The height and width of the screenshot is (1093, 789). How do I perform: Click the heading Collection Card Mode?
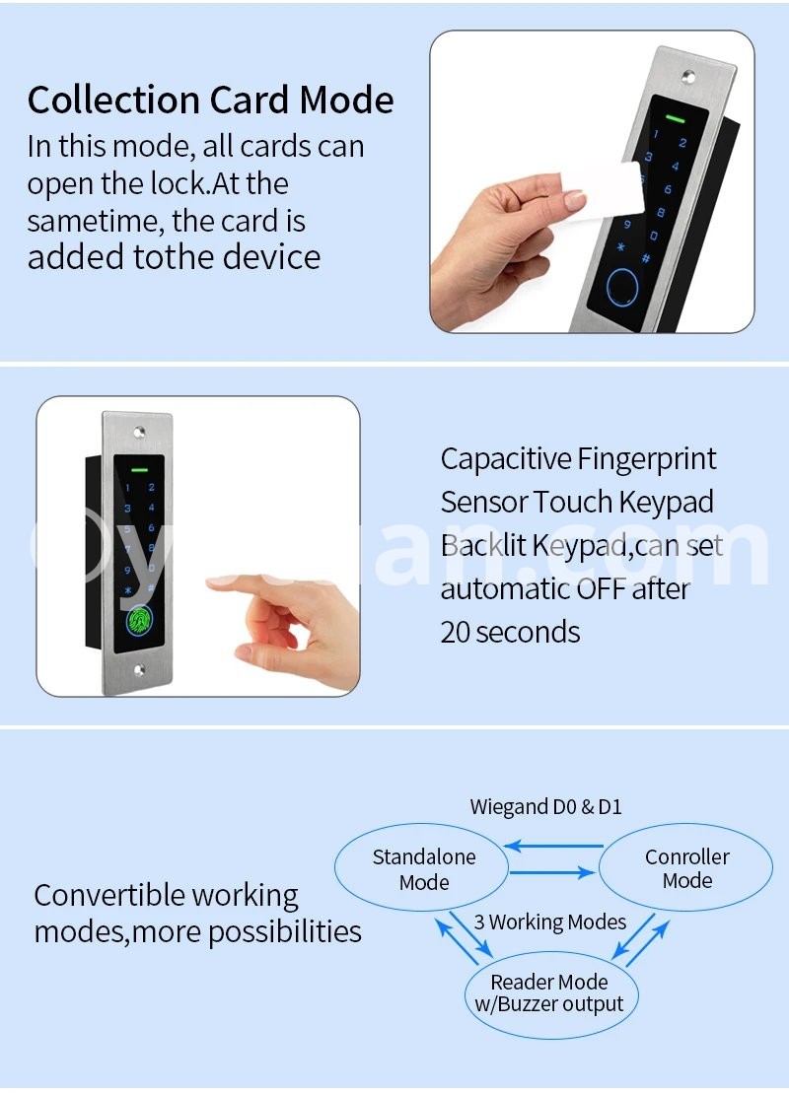pyautogui.click(x=211, y=100)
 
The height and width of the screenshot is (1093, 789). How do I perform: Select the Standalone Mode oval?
pyautogui.click(x=423, y=868)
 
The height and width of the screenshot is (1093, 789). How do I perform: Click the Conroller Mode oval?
pyautogui.click(x=686, y=868)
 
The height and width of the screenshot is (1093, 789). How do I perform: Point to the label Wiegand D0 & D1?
pyautogui.click(x=545, y=806)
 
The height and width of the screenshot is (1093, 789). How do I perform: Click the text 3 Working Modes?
pyautogui.click(x=550, y=922)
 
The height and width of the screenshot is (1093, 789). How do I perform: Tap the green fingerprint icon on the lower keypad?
pyautogui.click(x=139, y=620)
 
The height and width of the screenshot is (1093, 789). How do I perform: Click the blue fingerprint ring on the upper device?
pyautogui.click(x=623, y=289)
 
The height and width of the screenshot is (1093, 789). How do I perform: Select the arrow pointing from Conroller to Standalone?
pyautogui.click(x=553, y=847)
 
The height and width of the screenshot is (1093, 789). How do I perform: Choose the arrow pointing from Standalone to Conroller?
pyautogui.click(x=552, y=872)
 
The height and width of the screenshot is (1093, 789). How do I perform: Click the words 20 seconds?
pyautogui.click(x=510, y=632)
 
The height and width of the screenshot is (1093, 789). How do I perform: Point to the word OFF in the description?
pyautogui.click(x=601, y=589)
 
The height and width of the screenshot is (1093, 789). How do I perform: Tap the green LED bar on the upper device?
pyautogui.click(x=675, y=118)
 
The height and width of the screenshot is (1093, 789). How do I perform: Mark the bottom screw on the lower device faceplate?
pyautogui.click(x=139, y=670)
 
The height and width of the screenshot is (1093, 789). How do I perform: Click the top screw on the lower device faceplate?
pyautogui.click(x=139, y=433)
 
